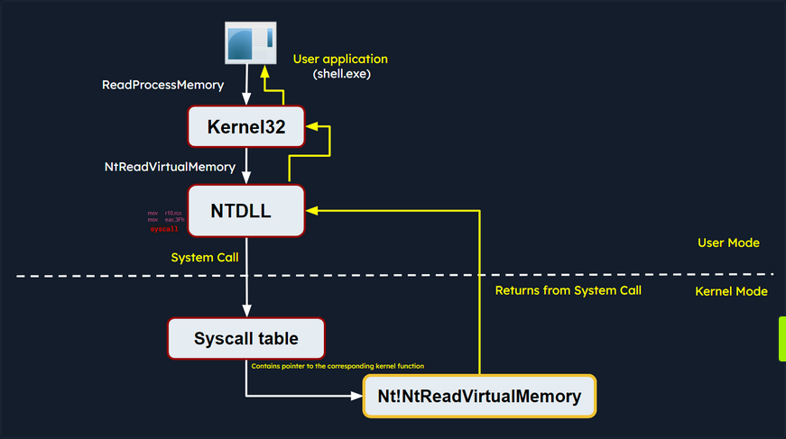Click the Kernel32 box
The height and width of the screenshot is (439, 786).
tap(246, 127)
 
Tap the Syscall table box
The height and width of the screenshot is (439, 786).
tap(246, 339)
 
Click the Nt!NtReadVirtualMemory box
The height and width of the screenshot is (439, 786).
tap(479, 396)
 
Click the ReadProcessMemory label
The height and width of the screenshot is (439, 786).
tap(163, 86)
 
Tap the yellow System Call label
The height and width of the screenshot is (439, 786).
tap(205, 258)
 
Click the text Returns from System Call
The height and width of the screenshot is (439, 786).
tap(569, 290)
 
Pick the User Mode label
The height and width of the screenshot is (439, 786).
tap(728, 243)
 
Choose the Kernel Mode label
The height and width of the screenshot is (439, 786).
tap(731, 291)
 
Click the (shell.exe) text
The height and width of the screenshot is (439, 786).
tap(341, 75)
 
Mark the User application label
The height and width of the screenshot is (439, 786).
tap(340, 59)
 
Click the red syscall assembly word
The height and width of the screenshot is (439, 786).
tap(163, 230)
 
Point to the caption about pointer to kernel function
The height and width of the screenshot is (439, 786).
tap(337, 366)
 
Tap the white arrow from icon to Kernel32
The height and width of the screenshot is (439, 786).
tap(246, 86)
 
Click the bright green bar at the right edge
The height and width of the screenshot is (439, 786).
tap(781, 338)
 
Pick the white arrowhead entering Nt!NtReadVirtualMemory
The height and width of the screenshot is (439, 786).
tap(356, 396)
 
